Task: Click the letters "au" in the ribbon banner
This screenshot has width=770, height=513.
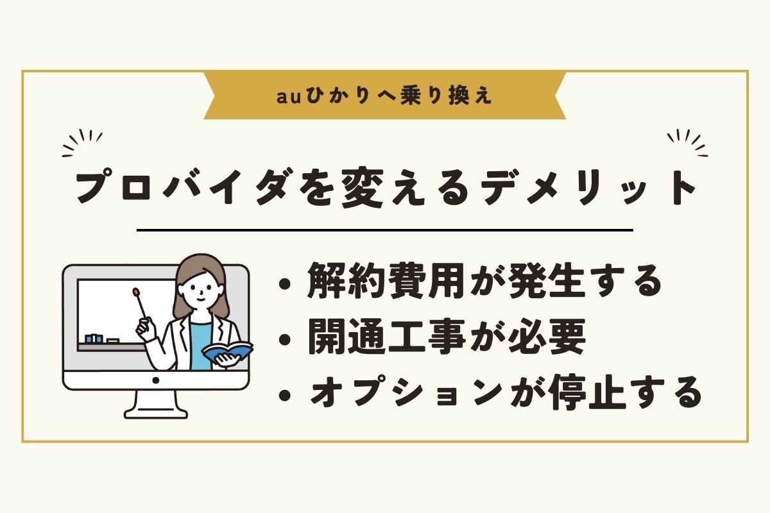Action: click(x=289, y=97)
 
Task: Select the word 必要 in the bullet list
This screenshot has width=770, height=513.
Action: click(x=547, y=337)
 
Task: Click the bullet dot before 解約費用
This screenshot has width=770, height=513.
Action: click(x=285, y=285)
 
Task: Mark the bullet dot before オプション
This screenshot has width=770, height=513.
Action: click(x=285, y=395)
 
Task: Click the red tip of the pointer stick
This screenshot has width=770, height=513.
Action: click(x=137, y=292)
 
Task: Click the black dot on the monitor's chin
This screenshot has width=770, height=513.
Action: click(x=156, y=380)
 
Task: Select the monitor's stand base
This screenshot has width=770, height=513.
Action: click(x=156, y=413)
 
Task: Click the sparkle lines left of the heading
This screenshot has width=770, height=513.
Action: click(x=82, y=143)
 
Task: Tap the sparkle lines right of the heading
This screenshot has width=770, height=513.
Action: click(x=687, y=143)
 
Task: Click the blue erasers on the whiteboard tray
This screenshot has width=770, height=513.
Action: click(x=94, y=339)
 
